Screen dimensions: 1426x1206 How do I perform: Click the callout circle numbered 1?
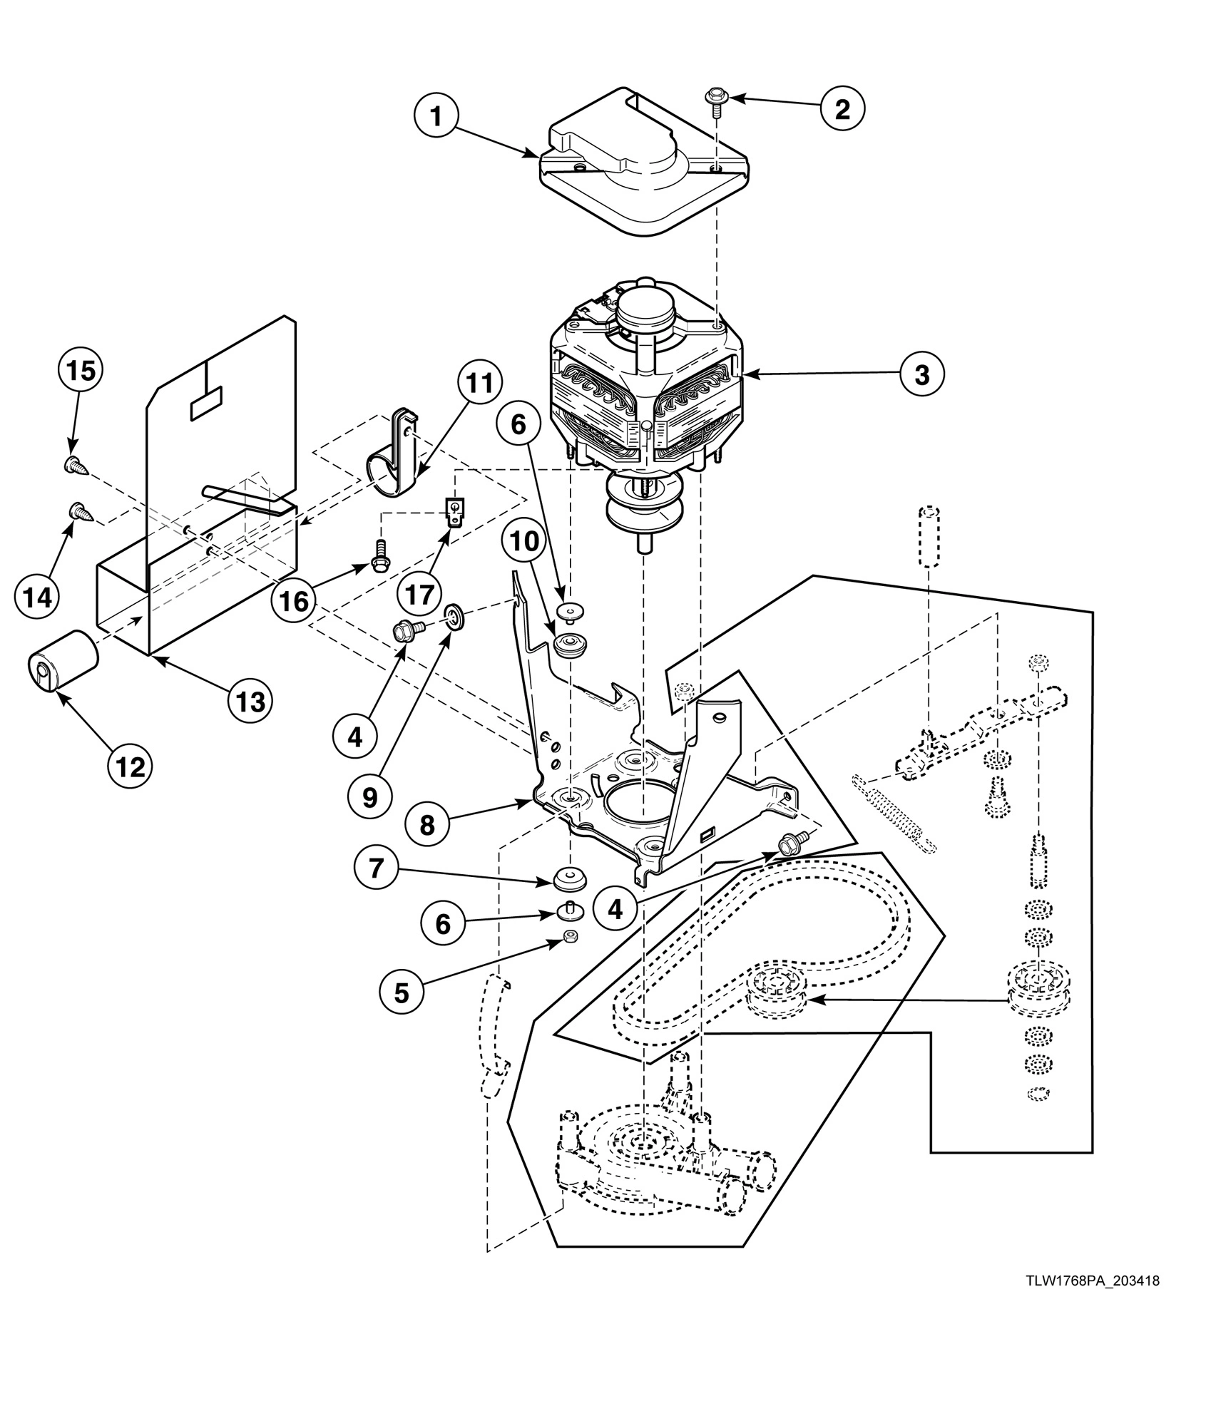click(437, 117)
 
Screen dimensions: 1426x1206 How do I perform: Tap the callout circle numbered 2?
click(842, 109)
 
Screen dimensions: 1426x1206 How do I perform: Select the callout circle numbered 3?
click(921, 374)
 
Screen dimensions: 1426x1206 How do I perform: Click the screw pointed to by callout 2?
click(713, 98)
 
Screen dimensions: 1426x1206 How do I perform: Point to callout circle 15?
click(81, 371)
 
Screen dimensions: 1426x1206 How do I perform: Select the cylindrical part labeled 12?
click(62, 660)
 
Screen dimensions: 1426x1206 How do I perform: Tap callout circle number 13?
click(251, 702)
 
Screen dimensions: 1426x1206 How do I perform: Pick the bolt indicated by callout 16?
click(378, 565)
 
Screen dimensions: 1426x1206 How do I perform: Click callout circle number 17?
click(421, 593)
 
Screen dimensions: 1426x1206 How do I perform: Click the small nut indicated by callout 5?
click(569, 937)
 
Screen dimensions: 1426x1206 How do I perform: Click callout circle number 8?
click(426, 825)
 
